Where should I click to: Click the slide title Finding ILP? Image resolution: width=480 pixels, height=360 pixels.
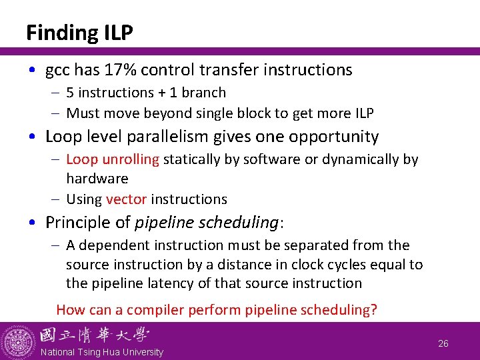(x=79, y=32)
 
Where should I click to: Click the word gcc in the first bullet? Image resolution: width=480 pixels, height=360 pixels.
(x=58, y=70)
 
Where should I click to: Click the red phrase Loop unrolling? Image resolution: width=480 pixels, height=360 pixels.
(x=113, y=159)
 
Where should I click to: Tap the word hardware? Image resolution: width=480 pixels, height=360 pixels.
(x=97, y=179)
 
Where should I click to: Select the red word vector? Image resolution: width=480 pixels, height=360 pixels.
(x=126, y=199)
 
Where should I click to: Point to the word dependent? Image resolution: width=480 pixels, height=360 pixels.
(x=109, y=245)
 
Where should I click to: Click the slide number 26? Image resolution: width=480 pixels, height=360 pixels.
(x=443, y=343)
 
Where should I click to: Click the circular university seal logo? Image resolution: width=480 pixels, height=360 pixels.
(x=18, y=341)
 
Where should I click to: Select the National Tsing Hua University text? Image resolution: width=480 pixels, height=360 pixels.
(x=101, y=352)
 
